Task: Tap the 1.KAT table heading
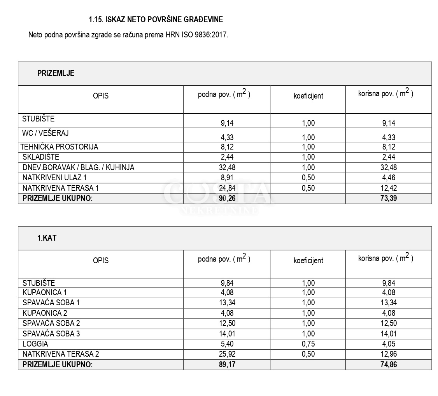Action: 47,238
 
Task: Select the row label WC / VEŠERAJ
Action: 46,133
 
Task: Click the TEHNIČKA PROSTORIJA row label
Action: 60,147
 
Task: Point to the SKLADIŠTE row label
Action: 41,157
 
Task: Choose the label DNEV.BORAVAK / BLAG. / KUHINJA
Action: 78,167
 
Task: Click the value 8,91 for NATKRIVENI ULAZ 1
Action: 227,178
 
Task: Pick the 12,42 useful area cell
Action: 389,188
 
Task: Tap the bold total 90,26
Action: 227,198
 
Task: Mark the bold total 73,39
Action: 389,198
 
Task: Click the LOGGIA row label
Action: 35,344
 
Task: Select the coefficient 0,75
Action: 308,344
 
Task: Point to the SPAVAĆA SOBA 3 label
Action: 51,334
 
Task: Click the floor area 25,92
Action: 227,354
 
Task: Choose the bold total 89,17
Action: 227,365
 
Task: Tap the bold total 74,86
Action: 389,365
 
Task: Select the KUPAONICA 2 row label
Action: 42,313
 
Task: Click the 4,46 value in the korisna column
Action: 389,178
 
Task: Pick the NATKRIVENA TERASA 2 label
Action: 61,354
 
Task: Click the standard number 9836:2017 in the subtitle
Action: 211,35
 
